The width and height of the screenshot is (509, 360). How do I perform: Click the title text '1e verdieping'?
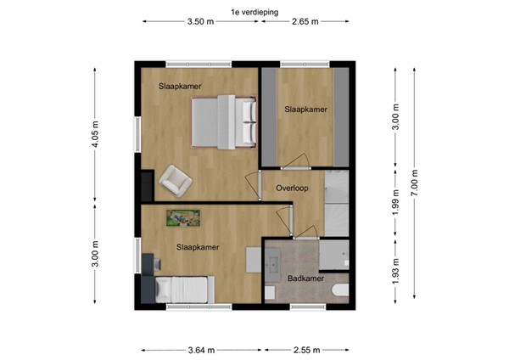click(x=255, y=11)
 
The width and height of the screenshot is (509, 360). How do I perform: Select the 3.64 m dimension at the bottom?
click(x=204, y=348)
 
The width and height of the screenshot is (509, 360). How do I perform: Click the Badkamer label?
click(x=304, y=278)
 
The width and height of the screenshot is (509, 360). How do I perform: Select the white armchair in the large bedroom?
click(x=176, y=178)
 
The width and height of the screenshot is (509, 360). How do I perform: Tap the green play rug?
click(x=182, y=217)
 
